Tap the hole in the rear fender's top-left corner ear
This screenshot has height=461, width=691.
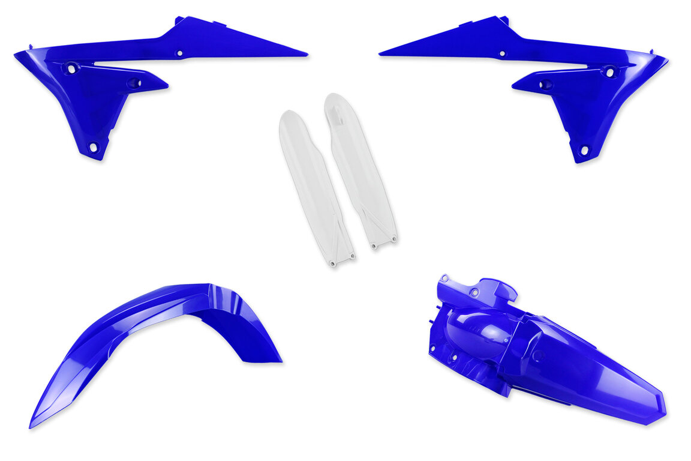[x=444, y=279]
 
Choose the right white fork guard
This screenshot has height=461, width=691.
[x=360, y=168]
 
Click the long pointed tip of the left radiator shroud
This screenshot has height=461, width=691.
[x=303, y=54]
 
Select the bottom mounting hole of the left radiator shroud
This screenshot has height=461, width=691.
[x=93, y=147]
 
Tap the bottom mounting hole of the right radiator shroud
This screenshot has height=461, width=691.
[x=584, y=149]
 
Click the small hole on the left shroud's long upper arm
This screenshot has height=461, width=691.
[x=179, y=53]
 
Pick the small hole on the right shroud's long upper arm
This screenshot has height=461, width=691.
[x=502, y=54]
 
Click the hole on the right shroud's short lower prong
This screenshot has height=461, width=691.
[x=545, y=85]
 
